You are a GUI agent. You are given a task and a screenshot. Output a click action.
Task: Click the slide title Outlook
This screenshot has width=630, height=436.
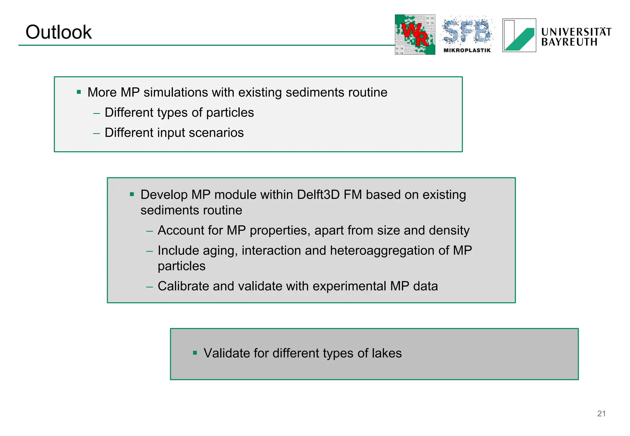58,32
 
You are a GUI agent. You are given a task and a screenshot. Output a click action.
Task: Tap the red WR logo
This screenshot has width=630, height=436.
415,34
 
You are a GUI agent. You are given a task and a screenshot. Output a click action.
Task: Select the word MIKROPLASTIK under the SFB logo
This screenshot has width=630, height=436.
467,50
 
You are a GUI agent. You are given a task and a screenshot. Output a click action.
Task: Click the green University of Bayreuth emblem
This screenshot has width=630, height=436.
519,35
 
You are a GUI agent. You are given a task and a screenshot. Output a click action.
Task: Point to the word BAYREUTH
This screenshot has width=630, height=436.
569,42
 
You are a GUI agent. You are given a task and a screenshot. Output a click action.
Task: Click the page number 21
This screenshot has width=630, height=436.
601,414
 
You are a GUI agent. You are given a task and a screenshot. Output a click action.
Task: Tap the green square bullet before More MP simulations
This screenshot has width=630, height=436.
79,92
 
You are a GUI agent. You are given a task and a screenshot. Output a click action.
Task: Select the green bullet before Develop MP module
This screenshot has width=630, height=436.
132,194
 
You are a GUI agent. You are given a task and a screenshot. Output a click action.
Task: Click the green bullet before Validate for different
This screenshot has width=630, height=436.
195,353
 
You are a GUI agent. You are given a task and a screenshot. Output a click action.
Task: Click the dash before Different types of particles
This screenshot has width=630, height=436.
97,113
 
